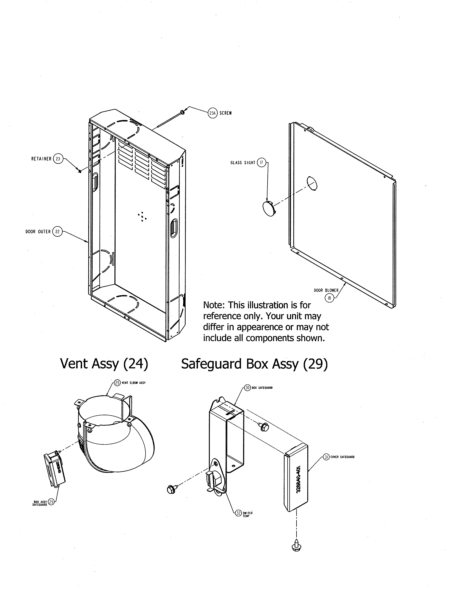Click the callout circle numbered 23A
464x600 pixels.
213,113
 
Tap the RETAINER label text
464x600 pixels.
41,159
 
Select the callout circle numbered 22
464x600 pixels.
57,232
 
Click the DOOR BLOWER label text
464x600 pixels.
326,290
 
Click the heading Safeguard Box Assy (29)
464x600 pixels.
254,364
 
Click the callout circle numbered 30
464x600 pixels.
247,388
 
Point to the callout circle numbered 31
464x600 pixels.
326,457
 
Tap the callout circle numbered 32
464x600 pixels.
238,513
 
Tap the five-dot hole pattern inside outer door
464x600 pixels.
142,217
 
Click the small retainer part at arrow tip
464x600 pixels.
80,171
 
